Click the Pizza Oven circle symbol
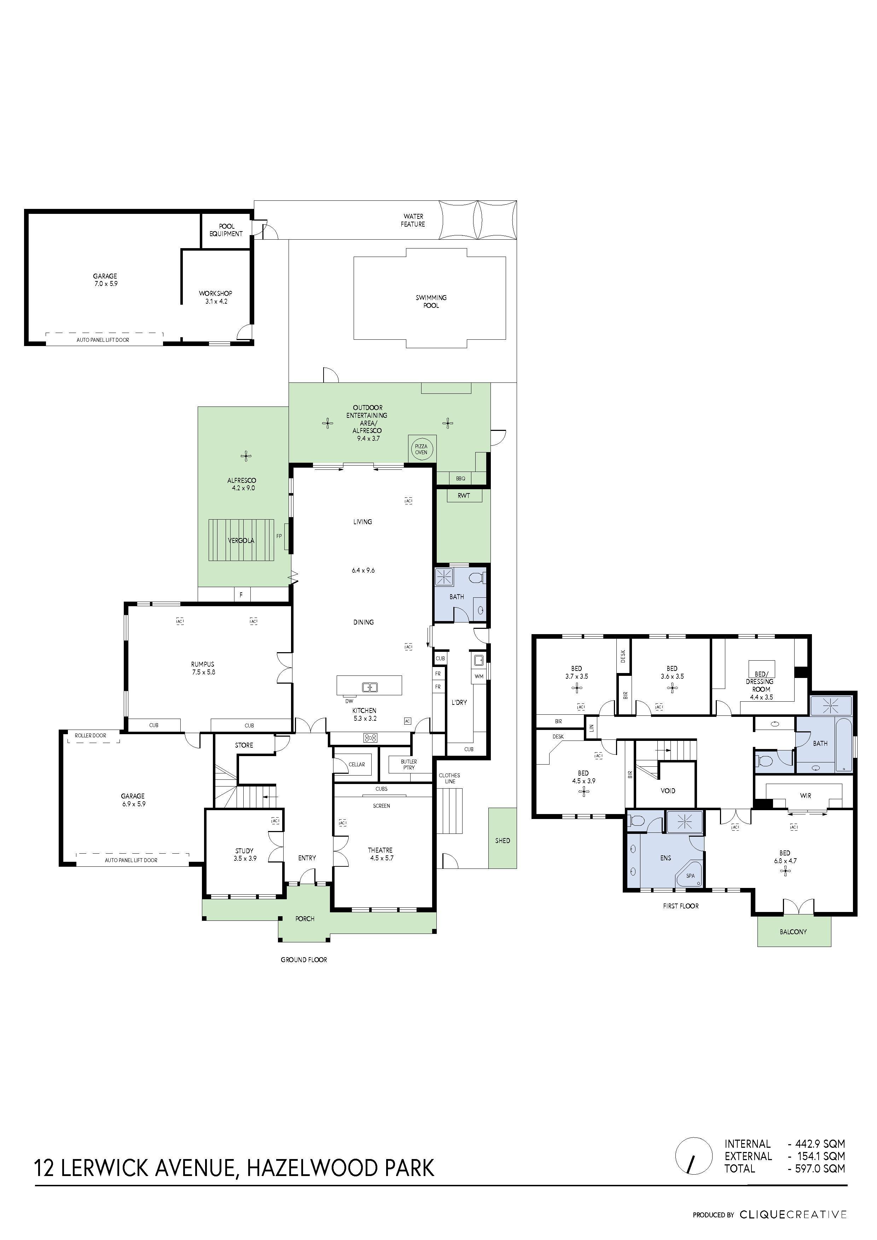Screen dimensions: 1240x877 (x=421, y=449)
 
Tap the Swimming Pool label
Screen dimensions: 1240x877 (x=431, y=302)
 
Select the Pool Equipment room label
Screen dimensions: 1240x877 (x=226, y=230)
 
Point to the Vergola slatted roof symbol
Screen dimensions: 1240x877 (x=241, y=540)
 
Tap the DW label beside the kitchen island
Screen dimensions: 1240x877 (x=349, y=701)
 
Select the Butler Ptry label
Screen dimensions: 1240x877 (x=408, y=764)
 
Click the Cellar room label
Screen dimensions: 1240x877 (x=357, y=764)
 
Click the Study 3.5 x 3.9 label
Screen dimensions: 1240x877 (x=244, y=854)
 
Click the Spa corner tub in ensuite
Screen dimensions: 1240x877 (x=690, y=876)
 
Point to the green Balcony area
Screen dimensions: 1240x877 (x=793, y=932)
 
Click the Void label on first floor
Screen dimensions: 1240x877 (x=668, y=791)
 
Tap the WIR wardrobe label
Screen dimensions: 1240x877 (x=805, y=796)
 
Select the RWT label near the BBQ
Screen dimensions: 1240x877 (x=464, y=495)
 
